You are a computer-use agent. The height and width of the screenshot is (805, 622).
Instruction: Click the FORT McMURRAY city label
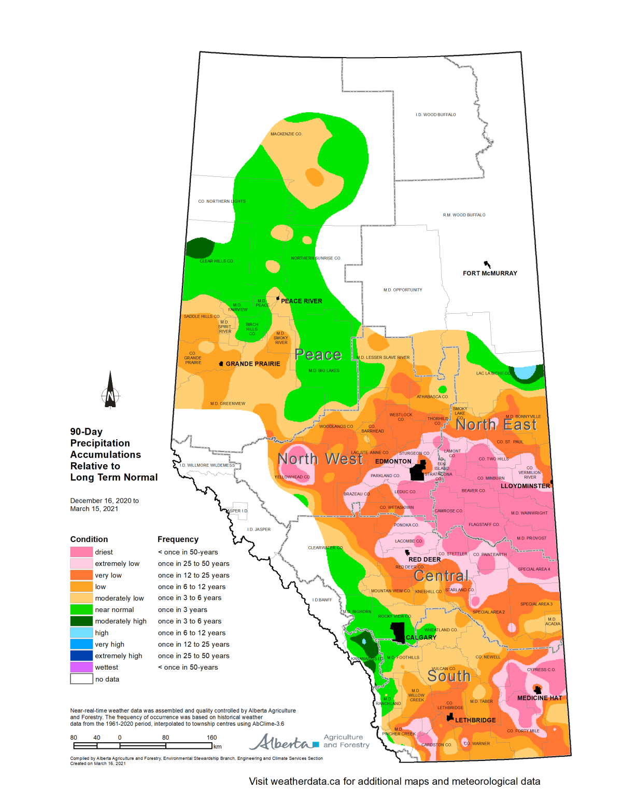click(x=490, y=273)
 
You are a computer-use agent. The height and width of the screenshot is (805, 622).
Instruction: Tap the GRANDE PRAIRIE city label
click(x=252, y=364)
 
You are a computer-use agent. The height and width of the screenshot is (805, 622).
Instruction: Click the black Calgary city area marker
click(x=398, y=632)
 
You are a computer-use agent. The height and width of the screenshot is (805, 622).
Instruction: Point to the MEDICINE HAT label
click(x=540, y=698)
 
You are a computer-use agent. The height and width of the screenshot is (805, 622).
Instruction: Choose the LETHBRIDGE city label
click(x=475, y=720)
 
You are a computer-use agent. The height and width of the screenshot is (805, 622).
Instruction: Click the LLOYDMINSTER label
click(x=525, y=486)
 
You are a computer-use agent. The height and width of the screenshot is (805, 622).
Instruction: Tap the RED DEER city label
click(x=425, y=560)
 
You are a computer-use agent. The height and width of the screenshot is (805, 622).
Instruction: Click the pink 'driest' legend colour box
click(x=81, y=552)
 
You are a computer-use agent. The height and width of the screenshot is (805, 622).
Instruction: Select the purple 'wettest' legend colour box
click(x=81, y=667)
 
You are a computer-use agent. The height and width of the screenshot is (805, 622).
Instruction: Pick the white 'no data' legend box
click(x=81, y=679)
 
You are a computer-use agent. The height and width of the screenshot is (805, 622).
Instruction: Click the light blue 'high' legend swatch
click(x=81, y=633)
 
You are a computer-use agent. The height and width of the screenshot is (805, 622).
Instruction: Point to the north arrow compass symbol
click(x=110, y=391)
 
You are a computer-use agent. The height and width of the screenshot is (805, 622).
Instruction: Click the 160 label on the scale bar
click(x=211, y=738)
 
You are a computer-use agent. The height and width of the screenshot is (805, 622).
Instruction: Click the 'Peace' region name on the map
click(x=318, y=355)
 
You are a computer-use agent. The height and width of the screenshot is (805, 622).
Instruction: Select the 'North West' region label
click(x=320, y=459)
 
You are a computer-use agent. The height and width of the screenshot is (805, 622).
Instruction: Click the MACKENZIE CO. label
click(x=286, y=134)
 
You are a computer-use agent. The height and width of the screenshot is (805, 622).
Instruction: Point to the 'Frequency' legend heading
click(x=178, y=539)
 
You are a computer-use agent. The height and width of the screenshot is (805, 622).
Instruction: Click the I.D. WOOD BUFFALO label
click(x=436, y=115)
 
